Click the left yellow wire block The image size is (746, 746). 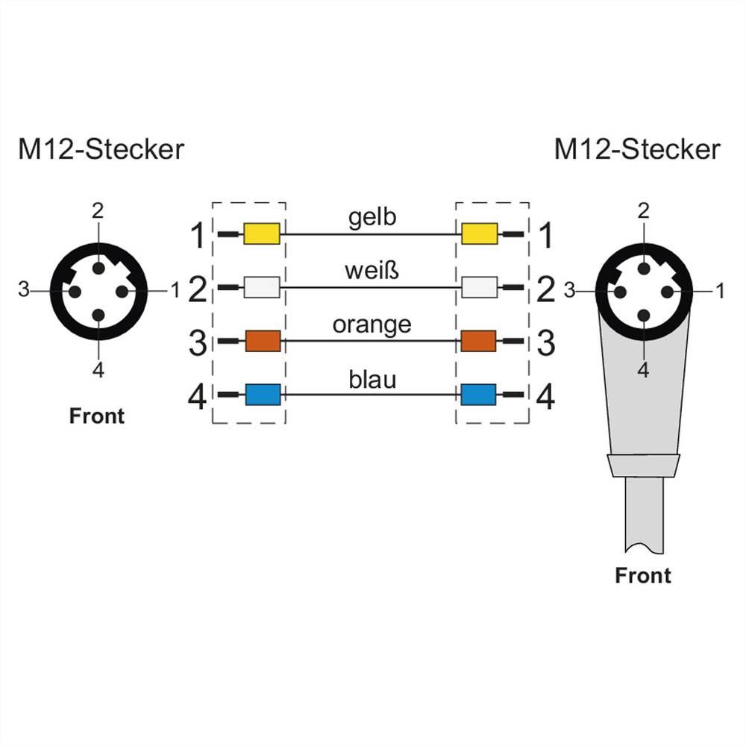click(x=262, y=234)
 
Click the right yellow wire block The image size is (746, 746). click(x=479, y=234)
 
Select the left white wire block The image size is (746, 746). click(x=262, y=287)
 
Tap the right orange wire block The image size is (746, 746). click(x=479, y=341)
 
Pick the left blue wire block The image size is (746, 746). click(x=262, y=394)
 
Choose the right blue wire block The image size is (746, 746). click(x=479, y=394)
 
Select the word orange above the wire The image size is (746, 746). click(x=372, y=325)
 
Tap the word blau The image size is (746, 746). click(x=372, y=380)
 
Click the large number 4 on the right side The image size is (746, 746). click(x=546, y=397)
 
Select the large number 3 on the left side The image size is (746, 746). click(x=198, y=344)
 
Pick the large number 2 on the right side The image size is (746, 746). click(x=546, y=290)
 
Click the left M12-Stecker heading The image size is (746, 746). click(x=101, y=149)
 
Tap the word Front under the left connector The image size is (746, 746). click(x=97, y=416)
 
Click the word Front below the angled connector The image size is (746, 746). click(x=642, y=575)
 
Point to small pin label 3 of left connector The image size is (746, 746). click(x=24, y=289)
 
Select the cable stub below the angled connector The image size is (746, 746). click(x=642, y=515)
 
